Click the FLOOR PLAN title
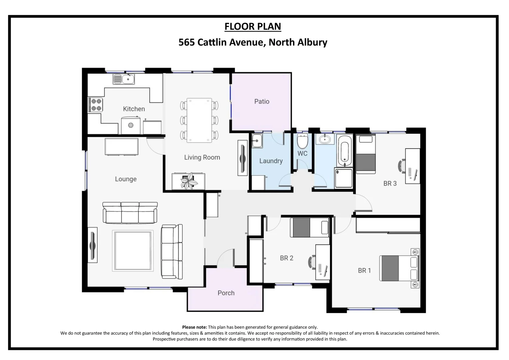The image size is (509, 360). coord(253,26)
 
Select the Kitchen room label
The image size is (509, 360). coord(134,109)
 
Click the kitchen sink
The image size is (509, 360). coord(124,79)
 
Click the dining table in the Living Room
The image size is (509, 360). coord(199,120)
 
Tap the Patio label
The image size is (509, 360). coord(262,101)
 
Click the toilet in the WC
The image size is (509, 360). coord(303,141)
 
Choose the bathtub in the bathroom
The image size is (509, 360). coord(344,151)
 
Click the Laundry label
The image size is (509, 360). coord(271,161)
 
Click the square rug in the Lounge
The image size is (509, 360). coord(133,251)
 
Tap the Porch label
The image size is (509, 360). coord(226,293)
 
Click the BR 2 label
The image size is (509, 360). coord(287,258)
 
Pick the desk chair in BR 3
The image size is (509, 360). coord(402,166)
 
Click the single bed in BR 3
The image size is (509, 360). coord(366,154)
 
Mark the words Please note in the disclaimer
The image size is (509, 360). coord(194,327)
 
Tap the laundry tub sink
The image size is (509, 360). coord(257,141)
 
